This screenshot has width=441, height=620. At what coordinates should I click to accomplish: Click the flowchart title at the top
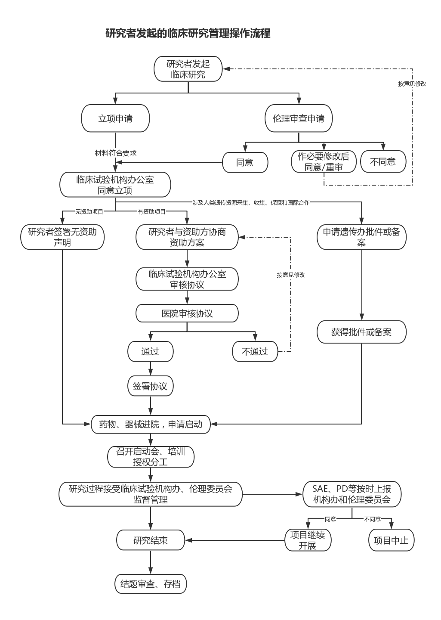(188, 34)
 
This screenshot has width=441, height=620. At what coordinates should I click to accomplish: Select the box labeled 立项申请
(115, 118)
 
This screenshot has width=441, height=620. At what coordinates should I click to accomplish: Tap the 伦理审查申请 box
(299, 118)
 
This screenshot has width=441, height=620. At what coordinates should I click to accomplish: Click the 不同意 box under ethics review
(383, 161)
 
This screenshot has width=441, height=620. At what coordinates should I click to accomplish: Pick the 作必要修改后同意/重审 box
(324, 161)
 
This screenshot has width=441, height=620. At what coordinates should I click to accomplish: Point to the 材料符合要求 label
(116, 153)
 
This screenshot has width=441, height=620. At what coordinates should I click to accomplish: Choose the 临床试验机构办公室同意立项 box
(115, 185)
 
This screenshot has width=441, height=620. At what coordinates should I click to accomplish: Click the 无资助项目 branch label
(89, 211)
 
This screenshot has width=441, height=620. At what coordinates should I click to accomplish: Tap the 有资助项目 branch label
(151, 211)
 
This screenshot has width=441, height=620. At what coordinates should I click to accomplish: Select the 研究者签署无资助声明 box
(62, 237)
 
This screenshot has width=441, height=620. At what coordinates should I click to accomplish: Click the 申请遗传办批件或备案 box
(361, 237)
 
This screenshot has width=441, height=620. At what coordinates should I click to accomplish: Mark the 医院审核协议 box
(187, 313)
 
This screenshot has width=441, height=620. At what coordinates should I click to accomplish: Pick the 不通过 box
(255, 351)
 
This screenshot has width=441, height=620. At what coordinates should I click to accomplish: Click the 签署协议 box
(150, 386)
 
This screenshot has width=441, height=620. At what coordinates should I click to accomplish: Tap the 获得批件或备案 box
(361, 332)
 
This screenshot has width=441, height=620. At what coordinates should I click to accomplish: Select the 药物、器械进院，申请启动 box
(151, 424)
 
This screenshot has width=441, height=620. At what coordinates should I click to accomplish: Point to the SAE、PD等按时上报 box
(352, 494)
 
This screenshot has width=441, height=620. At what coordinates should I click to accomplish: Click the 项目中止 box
(391, 540)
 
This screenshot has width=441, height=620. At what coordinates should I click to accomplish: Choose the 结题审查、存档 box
(151, 584)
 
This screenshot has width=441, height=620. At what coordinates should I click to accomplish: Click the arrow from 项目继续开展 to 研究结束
(235, 540)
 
